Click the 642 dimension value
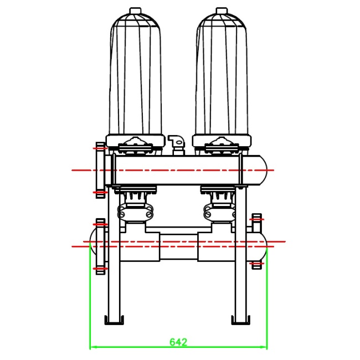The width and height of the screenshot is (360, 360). [178, 342]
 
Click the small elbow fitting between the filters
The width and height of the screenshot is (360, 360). [177, 142]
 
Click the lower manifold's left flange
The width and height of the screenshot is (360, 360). [100, 245]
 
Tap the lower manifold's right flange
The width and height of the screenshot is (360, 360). [256, 241]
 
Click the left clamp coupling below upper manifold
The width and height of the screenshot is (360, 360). [135, 210]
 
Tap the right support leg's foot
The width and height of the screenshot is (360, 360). [240, 320]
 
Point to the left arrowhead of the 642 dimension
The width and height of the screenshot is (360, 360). [91, 348]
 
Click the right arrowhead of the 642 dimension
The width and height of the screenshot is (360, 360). [265, 348]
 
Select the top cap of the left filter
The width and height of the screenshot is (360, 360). [135, 11]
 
